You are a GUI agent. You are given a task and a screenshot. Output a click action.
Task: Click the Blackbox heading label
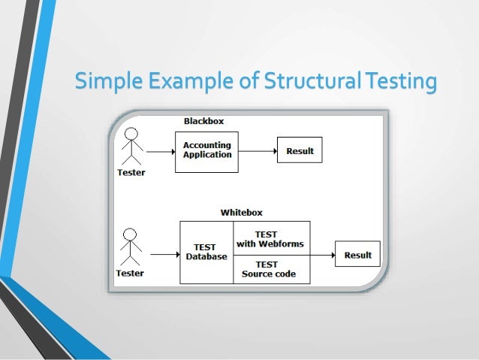point(203,121)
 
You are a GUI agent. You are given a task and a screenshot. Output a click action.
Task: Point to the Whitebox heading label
point(241,213)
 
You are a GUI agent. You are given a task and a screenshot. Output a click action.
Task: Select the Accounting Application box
point(206,150)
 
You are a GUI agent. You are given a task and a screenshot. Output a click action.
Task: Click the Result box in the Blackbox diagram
point(300,151)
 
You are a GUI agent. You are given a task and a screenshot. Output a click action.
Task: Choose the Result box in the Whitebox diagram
point(357,255)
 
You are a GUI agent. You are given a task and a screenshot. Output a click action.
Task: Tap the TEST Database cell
point(206,253)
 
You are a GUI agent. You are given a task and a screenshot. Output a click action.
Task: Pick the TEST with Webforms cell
point(272,238)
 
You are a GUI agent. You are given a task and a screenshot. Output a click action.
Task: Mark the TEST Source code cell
point(272,269)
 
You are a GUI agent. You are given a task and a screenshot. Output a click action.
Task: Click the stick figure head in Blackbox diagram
point(132,135)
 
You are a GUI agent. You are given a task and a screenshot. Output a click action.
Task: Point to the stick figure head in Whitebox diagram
point(131,234)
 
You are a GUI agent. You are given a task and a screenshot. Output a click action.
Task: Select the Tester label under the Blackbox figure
point(131,173)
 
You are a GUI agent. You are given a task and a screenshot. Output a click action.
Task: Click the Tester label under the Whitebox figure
point(131,273)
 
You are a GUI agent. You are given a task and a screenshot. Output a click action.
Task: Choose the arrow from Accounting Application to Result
point(258,151)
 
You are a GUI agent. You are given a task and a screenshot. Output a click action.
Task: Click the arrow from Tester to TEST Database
point(164,254)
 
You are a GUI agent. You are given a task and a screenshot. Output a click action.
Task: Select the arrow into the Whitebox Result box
point(323,254)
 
